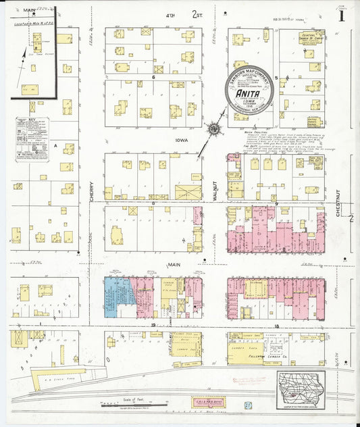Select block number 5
(276, 78)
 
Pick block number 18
(276, 326)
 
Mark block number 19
(153, 326)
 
